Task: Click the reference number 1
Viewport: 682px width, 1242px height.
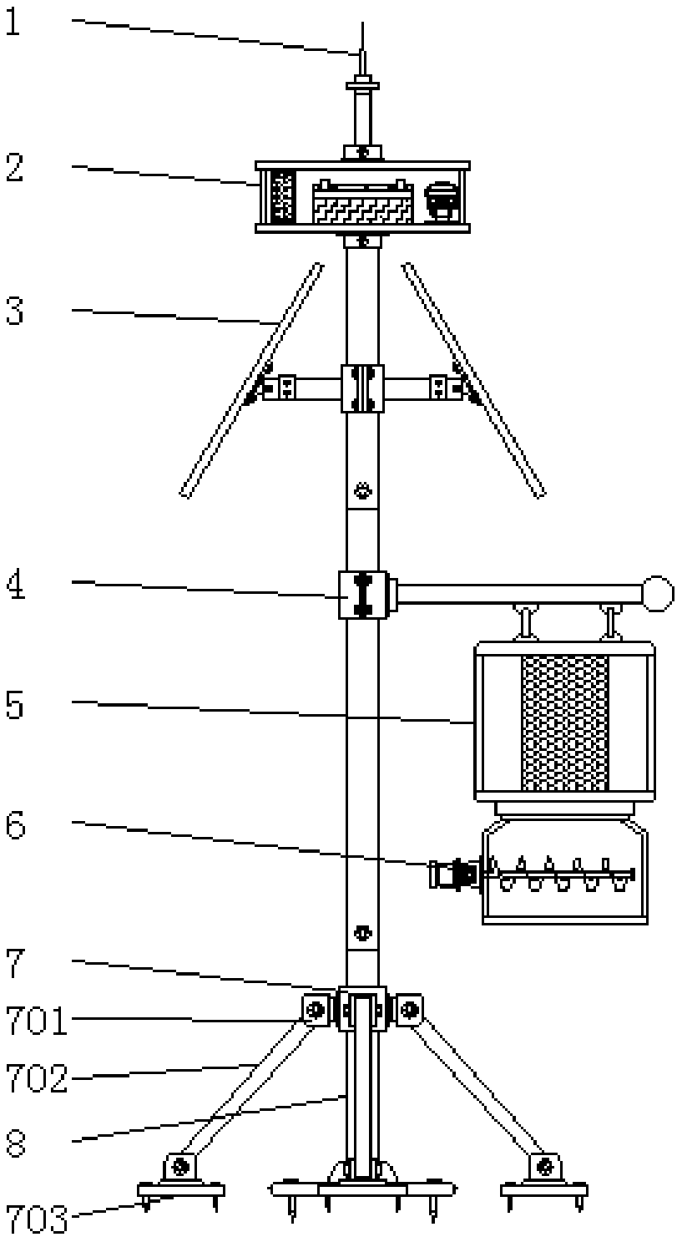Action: (13, 24)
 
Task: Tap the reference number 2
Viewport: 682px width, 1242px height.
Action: (14, 167)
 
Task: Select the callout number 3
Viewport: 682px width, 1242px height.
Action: (14, 311)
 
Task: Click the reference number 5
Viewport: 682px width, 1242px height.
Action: (14, 706)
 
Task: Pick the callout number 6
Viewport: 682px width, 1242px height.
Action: (15, 827)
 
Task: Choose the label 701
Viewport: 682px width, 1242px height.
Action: (36, 1021)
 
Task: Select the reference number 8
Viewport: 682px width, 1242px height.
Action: (15, 1143)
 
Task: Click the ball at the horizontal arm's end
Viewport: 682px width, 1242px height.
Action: (658, 594)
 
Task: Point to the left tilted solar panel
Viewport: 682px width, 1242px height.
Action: (251, 380)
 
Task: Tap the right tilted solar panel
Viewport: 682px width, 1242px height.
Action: (474, 380)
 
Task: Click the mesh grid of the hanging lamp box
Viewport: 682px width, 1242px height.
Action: (564, 723)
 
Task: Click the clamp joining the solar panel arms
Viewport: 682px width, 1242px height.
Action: (362, 388)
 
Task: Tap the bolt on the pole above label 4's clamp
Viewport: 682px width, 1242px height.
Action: (362, 490)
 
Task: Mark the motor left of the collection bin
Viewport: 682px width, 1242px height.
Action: (454, 875)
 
